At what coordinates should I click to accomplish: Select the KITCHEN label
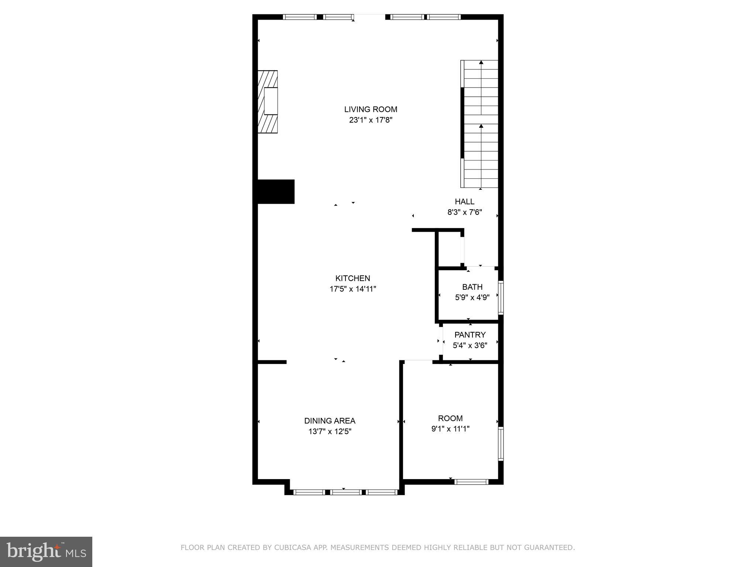click(x=353, y=278)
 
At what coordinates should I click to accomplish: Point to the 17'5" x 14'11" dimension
click(x=353, y=289)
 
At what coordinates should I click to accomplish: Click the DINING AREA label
click(x=330, y=421)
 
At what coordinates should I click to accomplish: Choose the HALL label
click(x=464, y=202)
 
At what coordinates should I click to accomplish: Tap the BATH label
click(x=472, y=287)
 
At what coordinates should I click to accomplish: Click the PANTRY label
click(x=470, y=335)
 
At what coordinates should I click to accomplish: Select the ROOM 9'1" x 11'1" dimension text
click(x=450, y=429)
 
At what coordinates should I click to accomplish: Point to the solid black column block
click(x=275, y=192)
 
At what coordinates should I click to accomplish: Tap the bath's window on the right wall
click(x=501, y=298)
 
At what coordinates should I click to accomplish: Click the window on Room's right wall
click(x=501, y=444)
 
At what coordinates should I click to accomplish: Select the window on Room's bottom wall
click(x=471, y=481)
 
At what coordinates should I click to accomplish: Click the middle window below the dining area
click(x=346, y=492)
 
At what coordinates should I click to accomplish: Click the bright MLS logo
click(x=46, y=551)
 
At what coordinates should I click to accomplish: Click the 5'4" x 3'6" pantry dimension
click(x=470, y=346)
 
